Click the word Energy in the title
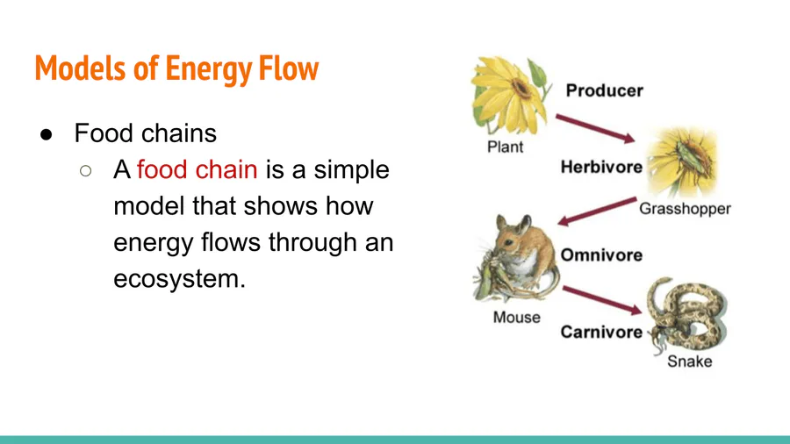click(209, 69)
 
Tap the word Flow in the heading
click(289, 68)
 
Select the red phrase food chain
click(197, 169)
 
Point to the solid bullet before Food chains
click(47, 134)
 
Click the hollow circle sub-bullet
click(86, 171)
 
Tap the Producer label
click(604, 90)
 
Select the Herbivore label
click(601, 167)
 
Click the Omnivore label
click(601, 255)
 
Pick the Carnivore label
click(601, 333)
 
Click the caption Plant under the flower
click(505, 147)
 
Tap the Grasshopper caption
click(685, 209)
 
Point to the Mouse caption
click(516, 318)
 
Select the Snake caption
click(689, 362)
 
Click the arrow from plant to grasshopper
click(595, 129)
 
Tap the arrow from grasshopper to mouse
click(597, 211)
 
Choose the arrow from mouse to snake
click(602, 300)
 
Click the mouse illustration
click(516, 259)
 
